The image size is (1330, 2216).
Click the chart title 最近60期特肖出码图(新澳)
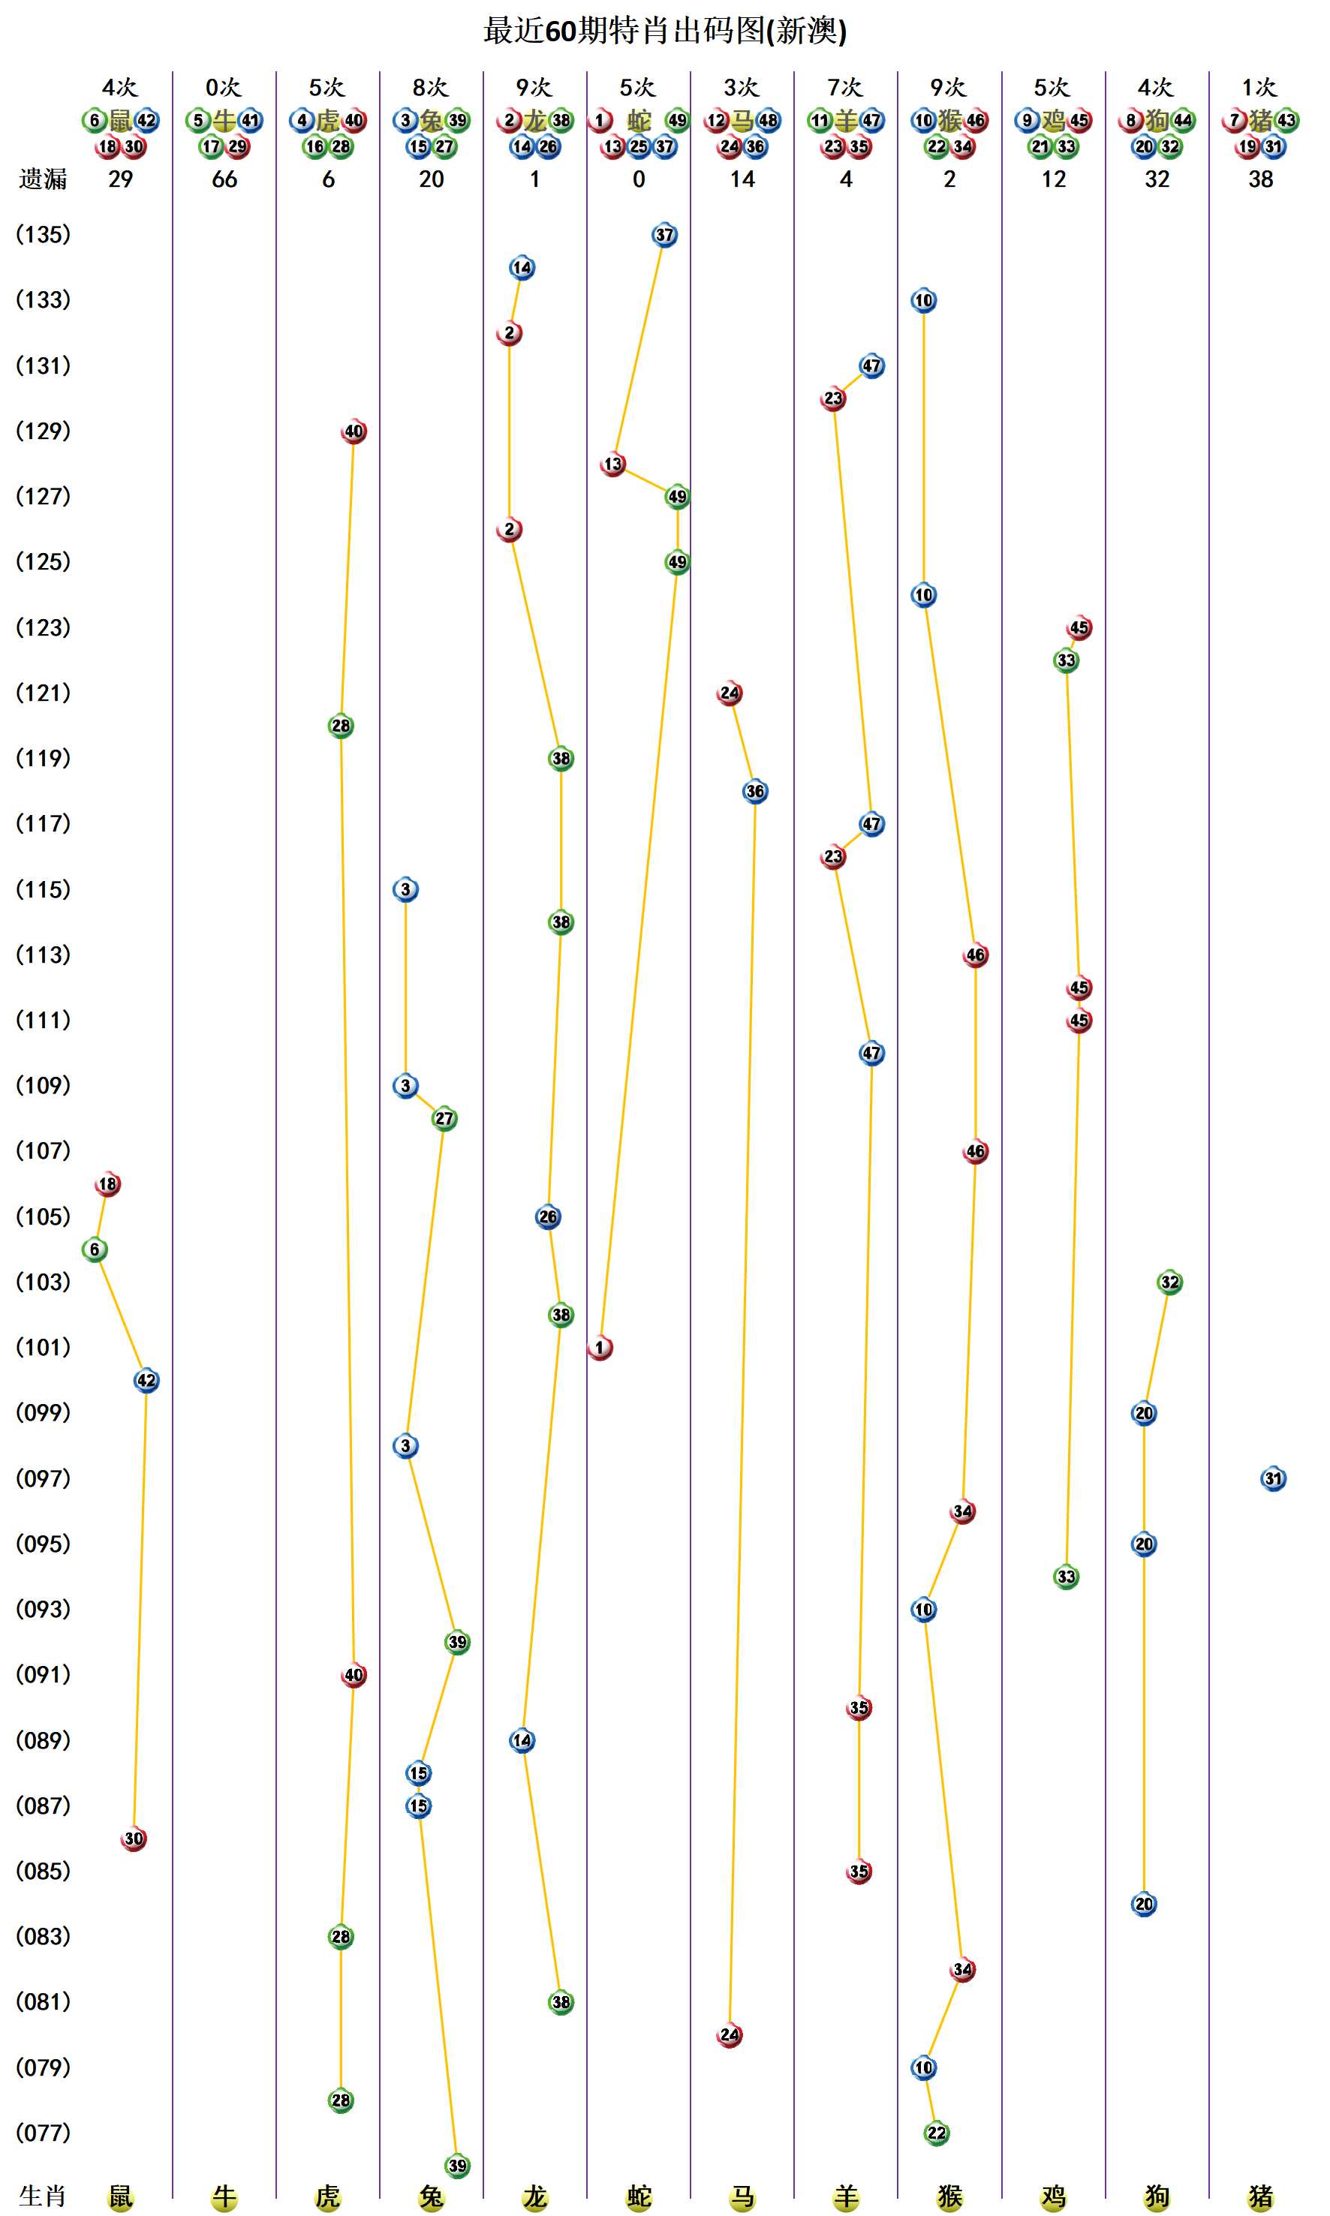[x=665, y=32]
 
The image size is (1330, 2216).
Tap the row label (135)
[x=43, y=235]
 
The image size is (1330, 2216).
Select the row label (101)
[x=43, y=1347]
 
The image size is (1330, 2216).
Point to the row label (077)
[x=43, y=2132]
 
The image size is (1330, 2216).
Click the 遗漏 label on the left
[x=43, y=179]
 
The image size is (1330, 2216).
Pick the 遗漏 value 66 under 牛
[x=224, y=179]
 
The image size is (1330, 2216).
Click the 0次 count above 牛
[x=224, y=87]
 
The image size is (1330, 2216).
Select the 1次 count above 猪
[x=1259, y=87]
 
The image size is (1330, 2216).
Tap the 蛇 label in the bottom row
[x=639, y=2196]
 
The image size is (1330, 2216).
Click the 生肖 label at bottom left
[x=43, y=2196]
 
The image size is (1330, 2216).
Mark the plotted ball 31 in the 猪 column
[x=1273, y=1478]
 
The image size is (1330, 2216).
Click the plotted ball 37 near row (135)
[x=664, y=236]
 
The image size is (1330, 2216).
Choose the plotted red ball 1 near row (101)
[x=600, y=1348]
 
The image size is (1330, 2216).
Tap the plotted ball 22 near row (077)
[x=937, y=2133]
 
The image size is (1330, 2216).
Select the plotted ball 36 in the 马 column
[x=756, y=791]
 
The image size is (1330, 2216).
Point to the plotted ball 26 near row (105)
[x=549, y=1217]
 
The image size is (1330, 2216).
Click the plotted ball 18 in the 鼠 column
[x=107, y=1183]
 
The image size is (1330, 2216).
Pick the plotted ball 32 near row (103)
[x=1169, y=1282]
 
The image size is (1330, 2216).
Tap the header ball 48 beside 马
[x=768, y=120]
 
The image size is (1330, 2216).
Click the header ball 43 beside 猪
[x=1287, y=120]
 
